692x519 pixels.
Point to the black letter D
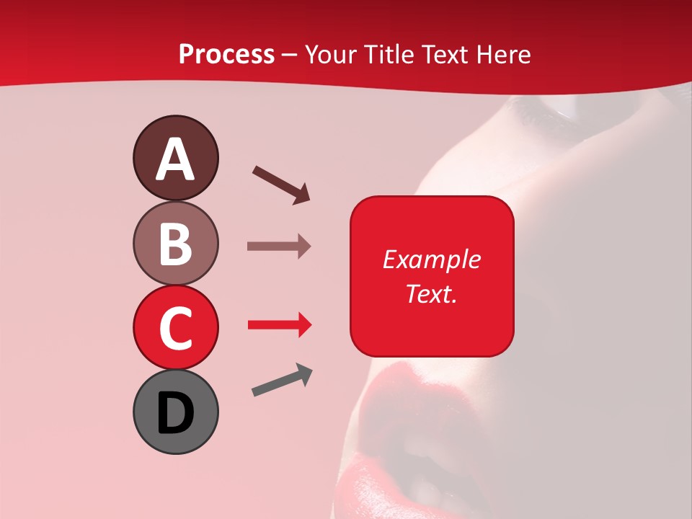pos(175,413)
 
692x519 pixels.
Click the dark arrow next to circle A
pos(281,184)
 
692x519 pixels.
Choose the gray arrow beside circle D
pos(282,381)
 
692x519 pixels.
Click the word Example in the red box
pos(432,259)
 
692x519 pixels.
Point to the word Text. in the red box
pos(431,293)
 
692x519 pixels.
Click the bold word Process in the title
pos(226,54)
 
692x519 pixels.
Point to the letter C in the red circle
pos(175,328)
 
